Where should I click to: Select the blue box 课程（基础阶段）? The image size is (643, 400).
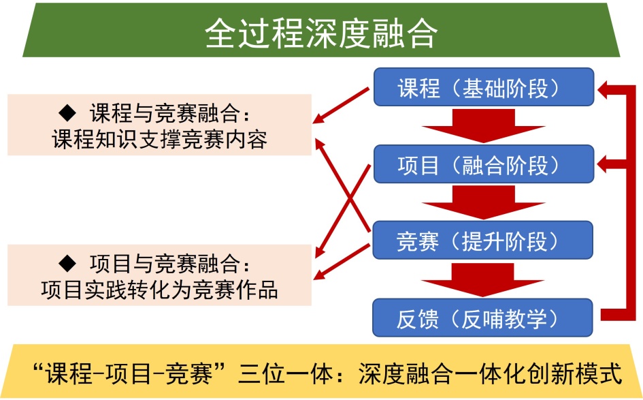[484, 87]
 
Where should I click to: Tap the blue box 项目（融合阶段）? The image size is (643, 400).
[484, 164]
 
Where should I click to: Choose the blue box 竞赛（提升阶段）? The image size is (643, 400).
[484, 241]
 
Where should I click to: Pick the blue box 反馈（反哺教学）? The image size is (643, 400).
[484, 318]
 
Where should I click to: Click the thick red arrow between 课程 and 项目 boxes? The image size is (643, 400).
[484, 127]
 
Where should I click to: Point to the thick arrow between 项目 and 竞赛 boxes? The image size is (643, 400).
[484, 204]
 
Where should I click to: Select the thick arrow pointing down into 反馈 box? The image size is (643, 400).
[484, 280]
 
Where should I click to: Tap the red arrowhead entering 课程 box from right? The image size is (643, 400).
[607, 87]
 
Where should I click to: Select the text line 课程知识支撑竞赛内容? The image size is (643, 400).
[159, 140]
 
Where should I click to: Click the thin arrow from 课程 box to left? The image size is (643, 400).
[344, 105]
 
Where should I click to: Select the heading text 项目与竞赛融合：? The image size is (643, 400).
[174, 262]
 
